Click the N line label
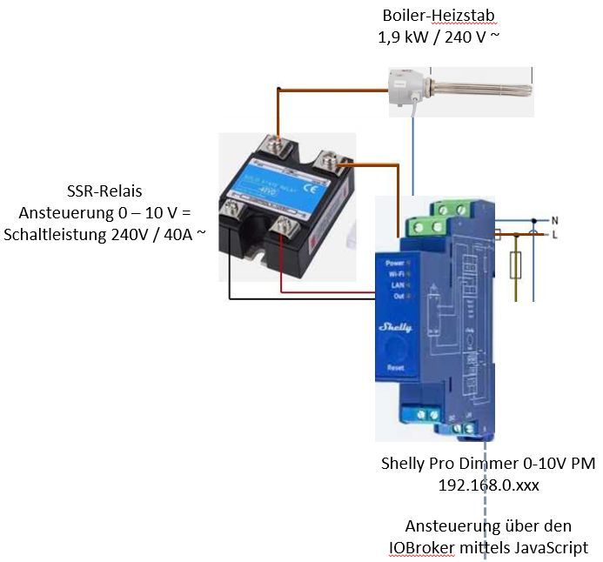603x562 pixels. click(x=554, y=220)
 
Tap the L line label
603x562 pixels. click(x=554, y=233)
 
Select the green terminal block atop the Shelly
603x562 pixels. click(x=443, y=218)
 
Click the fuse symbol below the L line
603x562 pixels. click(x=516, y=264)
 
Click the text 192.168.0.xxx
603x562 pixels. click(x=488, y=485)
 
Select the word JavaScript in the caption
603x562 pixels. click(x=546, y=547)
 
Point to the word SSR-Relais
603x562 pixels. click(x=104, y=192)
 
